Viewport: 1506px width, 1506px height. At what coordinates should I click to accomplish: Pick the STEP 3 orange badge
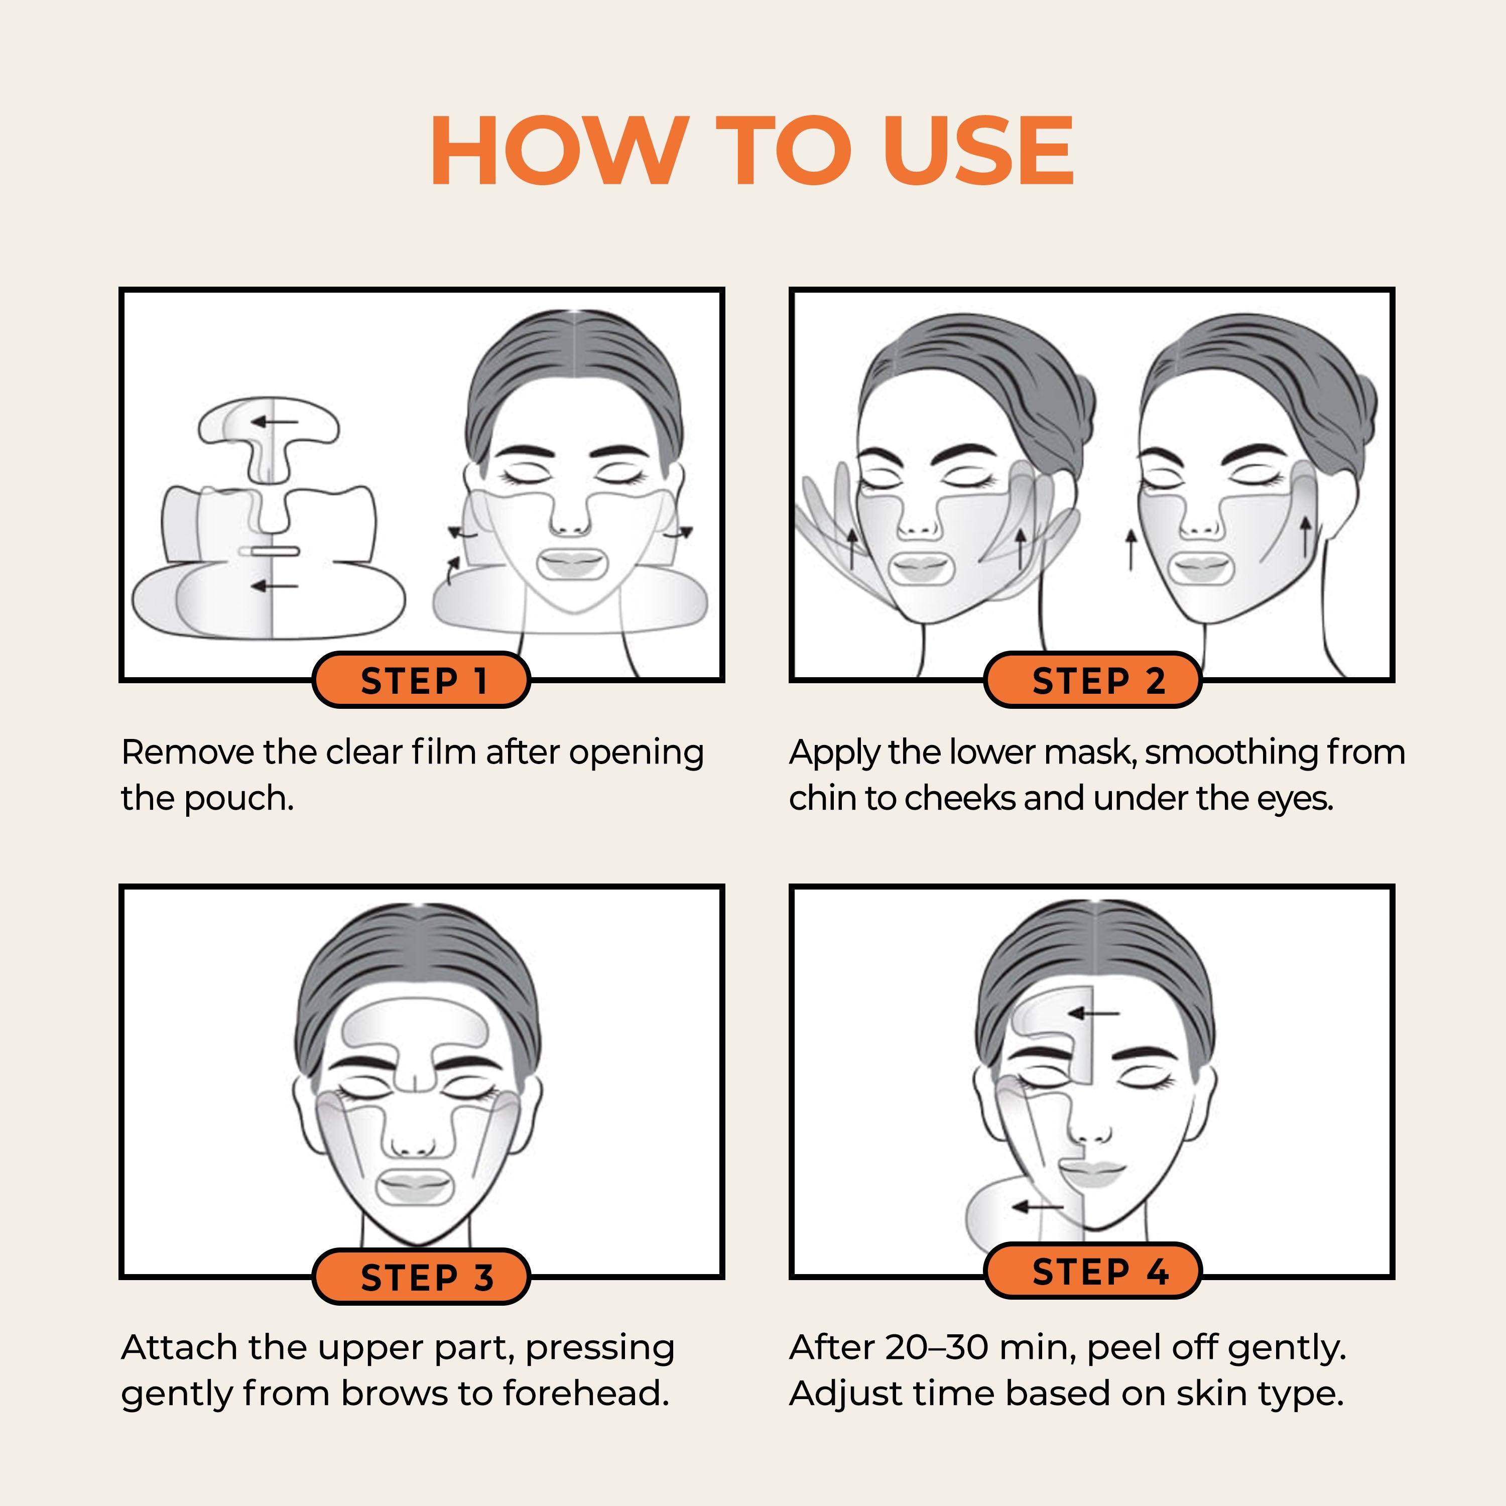click(421, 1277)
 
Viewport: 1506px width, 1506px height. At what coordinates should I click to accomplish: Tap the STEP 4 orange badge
click(1093, 1271)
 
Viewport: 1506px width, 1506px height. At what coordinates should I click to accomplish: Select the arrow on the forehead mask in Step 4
click(1094, 1014)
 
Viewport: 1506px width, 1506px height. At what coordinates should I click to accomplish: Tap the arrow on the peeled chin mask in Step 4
click(1038, 1207)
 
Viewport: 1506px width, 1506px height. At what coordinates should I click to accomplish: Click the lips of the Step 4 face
click(1092, 1172)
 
